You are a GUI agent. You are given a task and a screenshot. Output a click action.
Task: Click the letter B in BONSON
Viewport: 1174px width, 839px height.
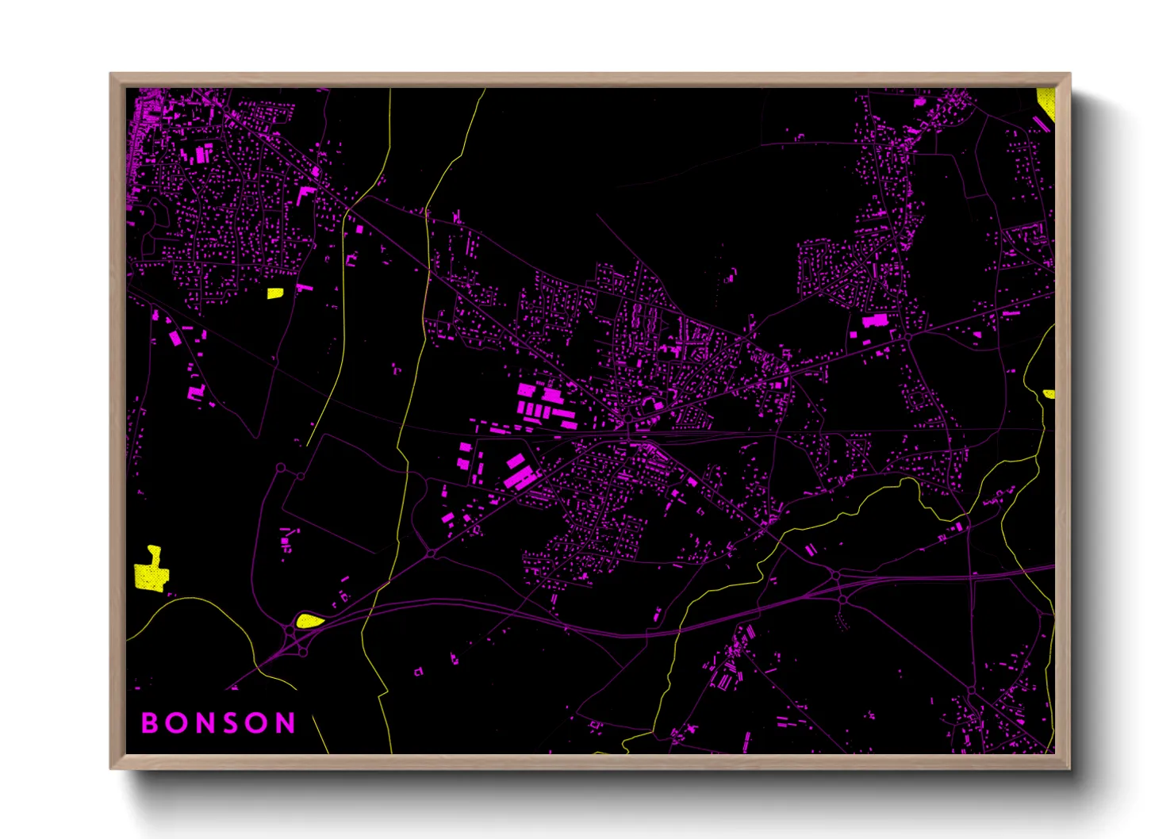coord(149,722)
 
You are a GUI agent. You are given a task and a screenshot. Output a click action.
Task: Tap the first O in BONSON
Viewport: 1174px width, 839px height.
coord(176,722)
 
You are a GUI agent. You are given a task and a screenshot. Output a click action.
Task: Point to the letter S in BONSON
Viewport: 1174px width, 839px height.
coord(231,722)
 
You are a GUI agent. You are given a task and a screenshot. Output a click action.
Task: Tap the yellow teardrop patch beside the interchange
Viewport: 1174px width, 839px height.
coord(309,620)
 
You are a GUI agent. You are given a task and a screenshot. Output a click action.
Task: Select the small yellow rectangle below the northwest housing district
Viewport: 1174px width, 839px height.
coord(274,293)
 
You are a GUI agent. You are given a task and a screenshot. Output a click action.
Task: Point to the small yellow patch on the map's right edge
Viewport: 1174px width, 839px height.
coord(1049,394)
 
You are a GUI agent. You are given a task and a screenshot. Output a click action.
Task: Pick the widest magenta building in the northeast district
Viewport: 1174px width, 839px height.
coord(875,320)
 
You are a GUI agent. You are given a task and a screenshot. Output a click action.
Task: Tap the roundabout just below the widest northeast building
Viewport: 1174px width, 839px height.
coord(907,337)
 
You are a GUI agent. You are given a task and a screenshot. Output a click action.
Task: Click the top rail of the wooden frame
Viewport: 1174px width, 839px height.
coord(590,80)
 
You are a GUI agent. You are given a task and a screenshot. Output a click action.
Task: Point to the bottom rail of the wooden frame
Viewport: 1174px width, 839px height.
coord(590,761)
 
